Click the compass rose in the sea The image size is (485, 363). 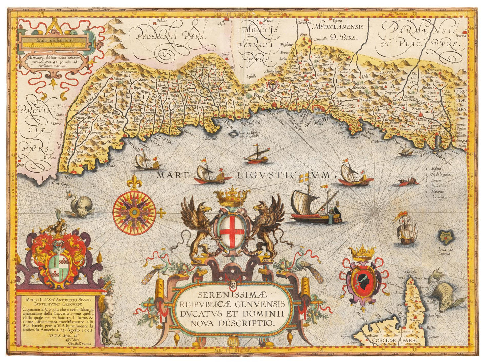point(134,211)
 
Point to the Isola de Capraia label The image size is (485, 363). point(447,251)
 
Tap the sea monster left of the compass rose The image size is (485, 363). point(76,204)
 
